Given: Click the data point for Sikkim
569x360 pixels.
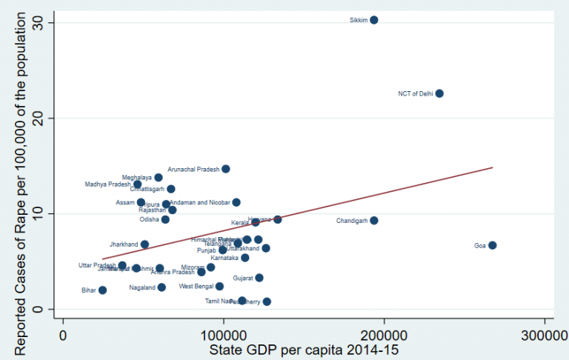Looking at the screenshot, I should pyautogui.click(x=374, y=20).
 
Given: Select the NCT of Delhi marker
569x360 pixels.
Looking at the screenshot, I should pyautogui.click(x=439, y=93).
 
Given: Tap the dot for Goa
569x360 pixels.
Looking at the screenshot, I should pyautogui.click(x=492, y=245).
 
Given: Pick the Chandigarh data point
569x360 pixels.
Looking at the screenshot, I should pyautogui.click(x=374, y=221).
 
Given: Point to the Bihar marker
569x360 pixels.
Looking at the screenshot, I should pyautogui.click(x=102, y=290).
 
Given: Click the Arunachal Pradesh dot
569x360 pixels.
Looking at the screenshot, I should pyautogui.click(x=226, y=169).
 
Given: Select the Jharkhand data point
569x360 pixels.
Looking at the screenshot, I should pyautogui.click(x=144, y=244).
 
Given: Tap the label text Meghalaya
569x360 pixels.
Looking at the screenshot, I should pyautogui.click(x=137, y=178).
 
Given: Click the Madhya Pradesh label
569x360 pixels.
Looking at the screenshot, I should pyautogui.click(x=107, y=184).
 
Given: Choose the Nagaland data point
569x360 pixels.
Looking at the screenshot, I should pyautogui.click(x=162, y=287).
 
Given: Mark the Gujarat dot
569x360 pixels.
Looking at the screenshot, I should pyautogui.click(x=259, y=278).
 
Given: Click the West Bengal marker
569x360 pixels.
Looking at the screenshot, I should pyautogui.click(x=219, y=286).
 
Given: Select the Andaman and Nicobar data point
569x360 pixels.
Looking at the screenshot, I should pyautogui.click(x=236, y=202).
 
